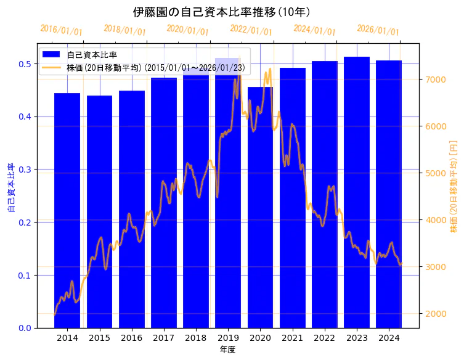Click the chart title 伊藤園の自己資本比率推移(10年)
point(221,12)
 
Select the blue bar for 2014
point(67,210)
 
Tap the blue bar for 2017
point(163,203)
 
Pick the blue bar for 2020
point(260,210)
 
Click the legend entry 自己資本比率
point(92,55)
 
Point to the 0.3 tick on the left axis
point(25,170)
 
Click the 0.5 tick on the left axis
point(25,64)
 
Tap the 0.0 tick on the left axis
point(25,328)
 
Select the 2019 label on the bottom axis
point(228,338)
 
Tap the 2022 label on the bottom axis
point(325,338)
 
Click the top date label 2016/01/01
point(61,30)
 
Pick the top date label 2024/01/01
point(314,30)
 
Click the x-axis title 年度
point(227,350)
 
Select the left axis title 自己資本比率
point(11,187)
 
